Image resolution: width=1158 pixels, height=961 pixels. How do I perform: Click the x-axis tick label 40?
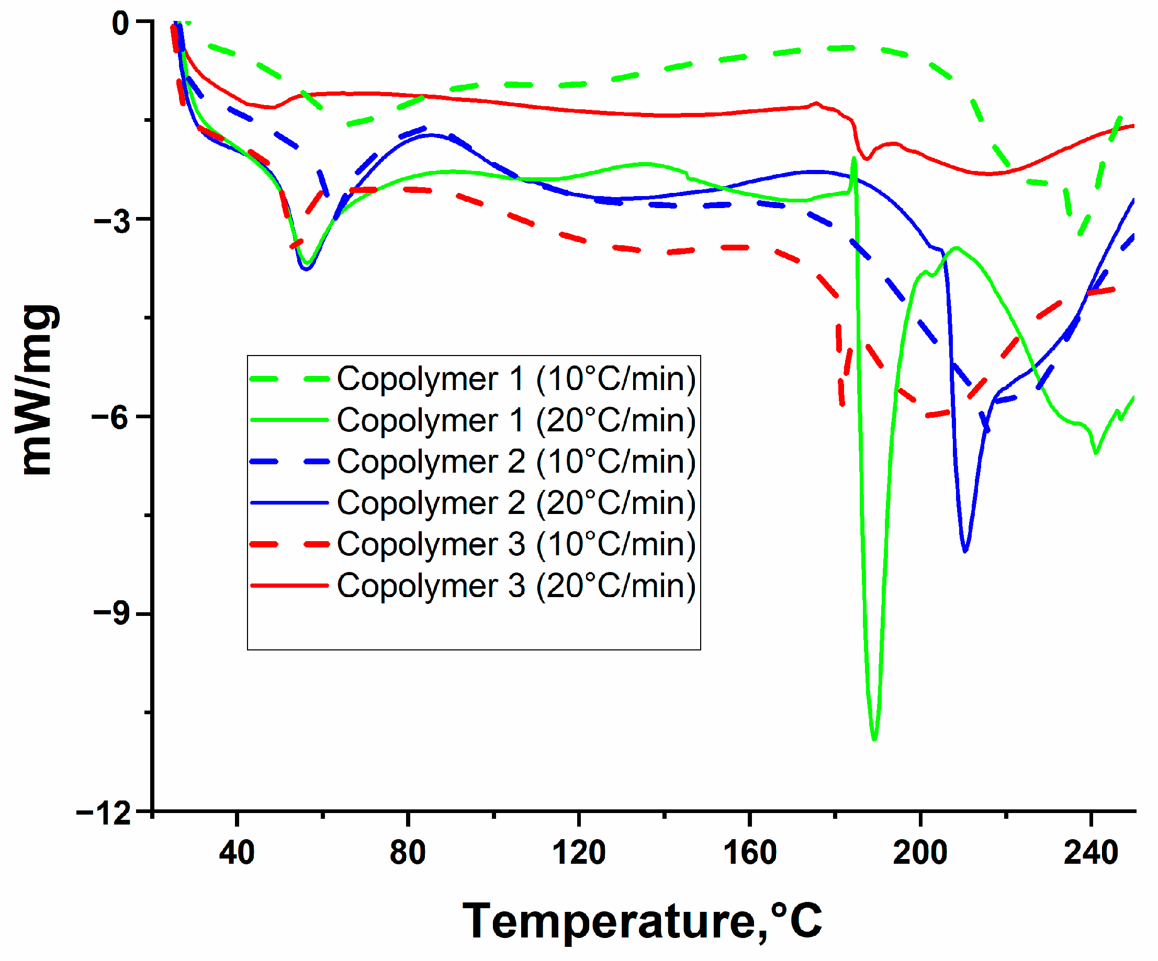pos(237,852)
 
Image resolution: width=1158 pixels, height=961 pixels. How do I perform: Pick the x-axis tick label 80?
pos(408,852)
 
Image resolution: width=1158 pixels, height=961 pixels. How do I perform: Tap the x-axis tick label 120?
pos(578,852)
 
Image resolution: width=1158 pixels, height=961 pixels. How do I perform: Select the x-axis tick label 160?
pos(749,852)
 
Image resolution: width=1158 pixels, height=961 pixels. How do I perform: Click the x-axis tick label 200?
pos(920,852)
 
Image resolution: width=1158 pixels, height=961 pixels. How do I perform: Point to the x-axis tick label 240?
pos(1090,852)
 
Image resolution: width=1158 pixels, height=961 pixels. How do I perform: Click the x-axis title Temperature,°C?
pos(643,922)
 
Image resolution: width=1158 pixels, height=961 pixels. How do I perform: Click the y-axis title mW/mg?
pos(38,389)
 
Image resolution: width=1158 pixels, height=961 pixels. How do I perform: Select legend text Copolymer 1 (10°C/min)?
pos(516,379)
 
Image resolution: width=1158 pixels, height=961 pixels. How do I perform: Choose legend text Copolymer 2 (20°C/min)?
pos(516,503)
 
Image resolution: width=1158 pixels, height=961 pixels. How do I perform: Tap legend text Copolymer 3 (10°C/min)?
pos(516,544)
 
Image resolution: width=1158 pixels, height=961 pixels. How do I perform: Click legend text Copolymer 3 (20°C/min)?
pos(516,586)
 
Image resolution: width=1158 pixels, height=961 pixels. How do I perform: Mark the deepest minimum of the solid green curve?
pos(874,738)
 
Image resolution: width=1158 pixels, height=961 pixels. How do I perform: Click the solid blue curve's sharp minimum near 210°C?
pos(965,551)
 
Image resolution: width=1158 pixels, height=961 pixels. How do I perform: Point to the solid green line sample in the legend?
pos(289,420)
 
